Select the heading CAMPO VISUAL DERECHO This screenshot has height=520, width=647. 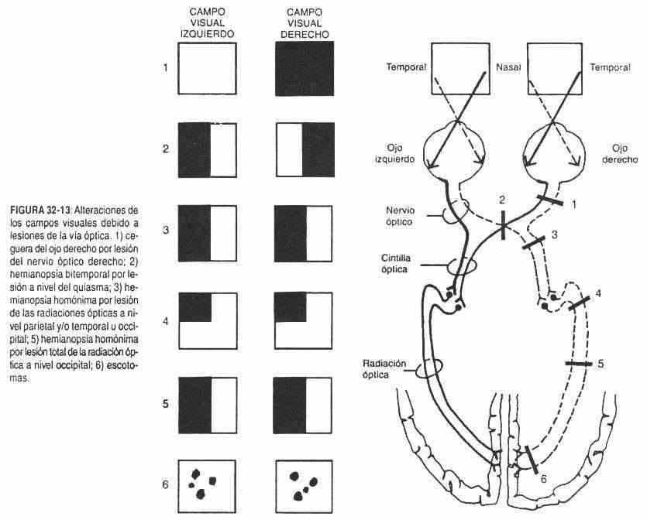click(305, 22)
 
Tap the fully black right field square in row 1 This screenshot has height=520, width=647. click(305, 68)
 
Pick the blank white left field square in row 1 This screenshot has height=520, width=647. click(206, 68)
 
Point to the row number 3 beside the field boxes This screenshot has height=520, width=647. click(165, 229)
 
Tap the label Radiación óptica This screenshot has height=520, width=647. click(384, 367)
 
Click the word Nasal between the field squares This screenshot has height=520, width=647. click(507, 67)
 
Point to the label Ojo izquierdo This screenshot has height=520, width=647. click(395, 152)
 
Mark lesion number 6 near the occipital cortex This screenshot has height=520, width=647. click(542, 479)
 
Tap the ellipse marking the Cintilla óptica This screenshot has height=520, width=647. click(462, 265)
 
